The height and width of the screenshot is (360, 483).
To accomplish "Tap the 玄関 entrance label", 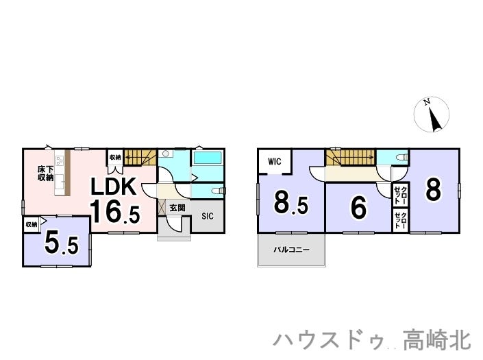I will (177, 207).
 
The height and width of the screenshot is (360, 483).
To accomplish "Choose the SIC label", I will (207, 217).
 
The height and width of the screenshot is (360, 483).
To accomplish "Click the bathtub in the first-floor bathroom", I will (208, 158).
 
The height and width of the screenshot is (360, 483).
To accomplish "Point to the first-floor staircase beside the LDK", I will (140, 158).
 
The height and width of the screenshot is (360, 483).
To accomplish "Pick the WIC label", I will (275, 162).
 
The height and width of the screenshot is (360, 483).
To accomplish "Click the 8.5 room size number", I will (291, 203).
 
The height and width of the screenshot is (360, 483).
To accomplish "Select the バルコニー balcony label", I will (292, 250).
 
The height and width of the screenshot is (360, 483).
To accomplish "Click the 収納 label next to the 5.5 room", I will (32, 224).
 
